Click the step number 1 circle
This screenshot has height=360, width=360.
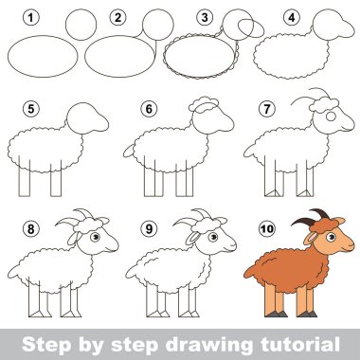(x=31, y=17)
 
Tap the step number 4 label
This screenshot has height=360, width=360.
(x=292, y=17)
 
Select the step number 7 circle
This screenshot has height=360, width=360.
(x=267, y=109)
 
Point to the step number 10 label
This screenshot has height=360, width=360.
(x=267, y=228)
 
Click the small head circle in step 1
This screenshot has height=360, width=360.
(x=81, y=25)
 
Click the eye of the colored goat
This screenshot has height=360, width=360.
(x=331, y=237)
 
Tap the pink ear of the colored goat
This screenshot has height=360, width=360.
(x=310, y=238)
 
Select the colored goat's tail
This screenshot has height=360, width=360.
(x=249, y=271)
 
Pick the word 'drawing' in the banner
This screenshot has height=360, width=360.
(x=208, y=345)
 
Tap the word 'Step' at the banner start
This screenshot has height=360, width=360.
(x=46, y=345)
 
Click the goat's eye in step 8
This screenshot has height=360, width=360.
(x=95, y=237)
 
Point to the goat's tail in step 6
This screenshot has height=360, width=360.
(x=129, y=152)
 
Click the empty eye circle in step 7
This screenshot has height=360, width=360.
(x=331, y=117)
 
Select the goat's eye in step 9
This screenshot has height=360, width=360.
(x=213, y=237)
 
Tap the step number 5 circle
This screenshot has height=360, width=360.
(x=31, y=109)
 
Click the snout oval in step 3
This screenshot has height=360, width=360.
(x=251, y=28)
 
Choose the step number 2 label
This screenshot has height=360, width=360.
(x=117, y=17)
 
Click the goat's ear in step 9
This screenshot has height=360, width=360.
(x=192, y=239)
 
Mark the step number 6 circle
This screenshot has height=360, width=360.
(x=149, y=109)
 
